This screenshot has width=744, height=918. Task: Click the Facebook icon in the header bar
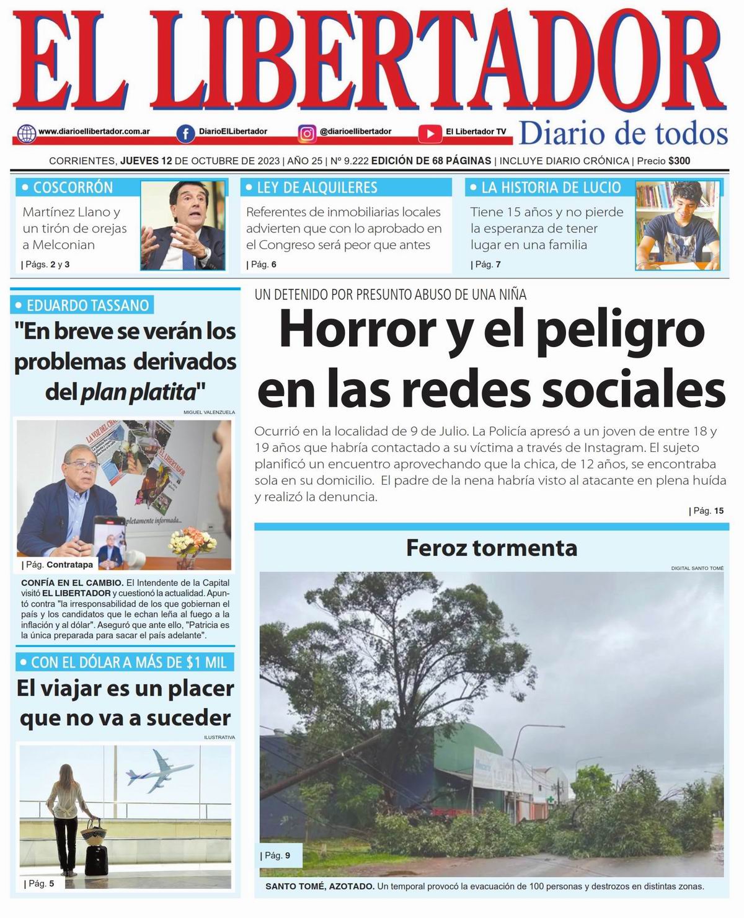(x=185, y=133)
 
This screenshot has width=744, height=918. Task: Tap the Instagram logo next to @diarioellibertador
(x=307, y=133)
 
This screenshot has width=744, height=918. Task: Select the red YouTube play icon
(x=430, y=133)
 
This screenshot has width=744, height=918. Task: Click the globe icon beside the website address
(x=27, y=133)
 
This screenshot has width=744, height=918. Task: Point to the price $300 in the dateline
(x=679, y=161)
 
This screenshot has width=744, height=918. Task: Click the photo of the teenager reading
(x=678, y=224)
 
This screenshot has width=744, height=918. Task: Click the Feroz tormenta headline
(x=491, y=548)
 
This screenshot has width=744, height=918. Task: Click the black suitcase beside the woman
(x=96, y=858)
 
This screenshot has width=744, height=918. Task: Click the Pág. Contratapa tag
(x=60, y=565)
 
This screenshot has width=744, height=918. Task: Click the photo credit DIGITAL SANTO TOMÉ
(x=697, y=568)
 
